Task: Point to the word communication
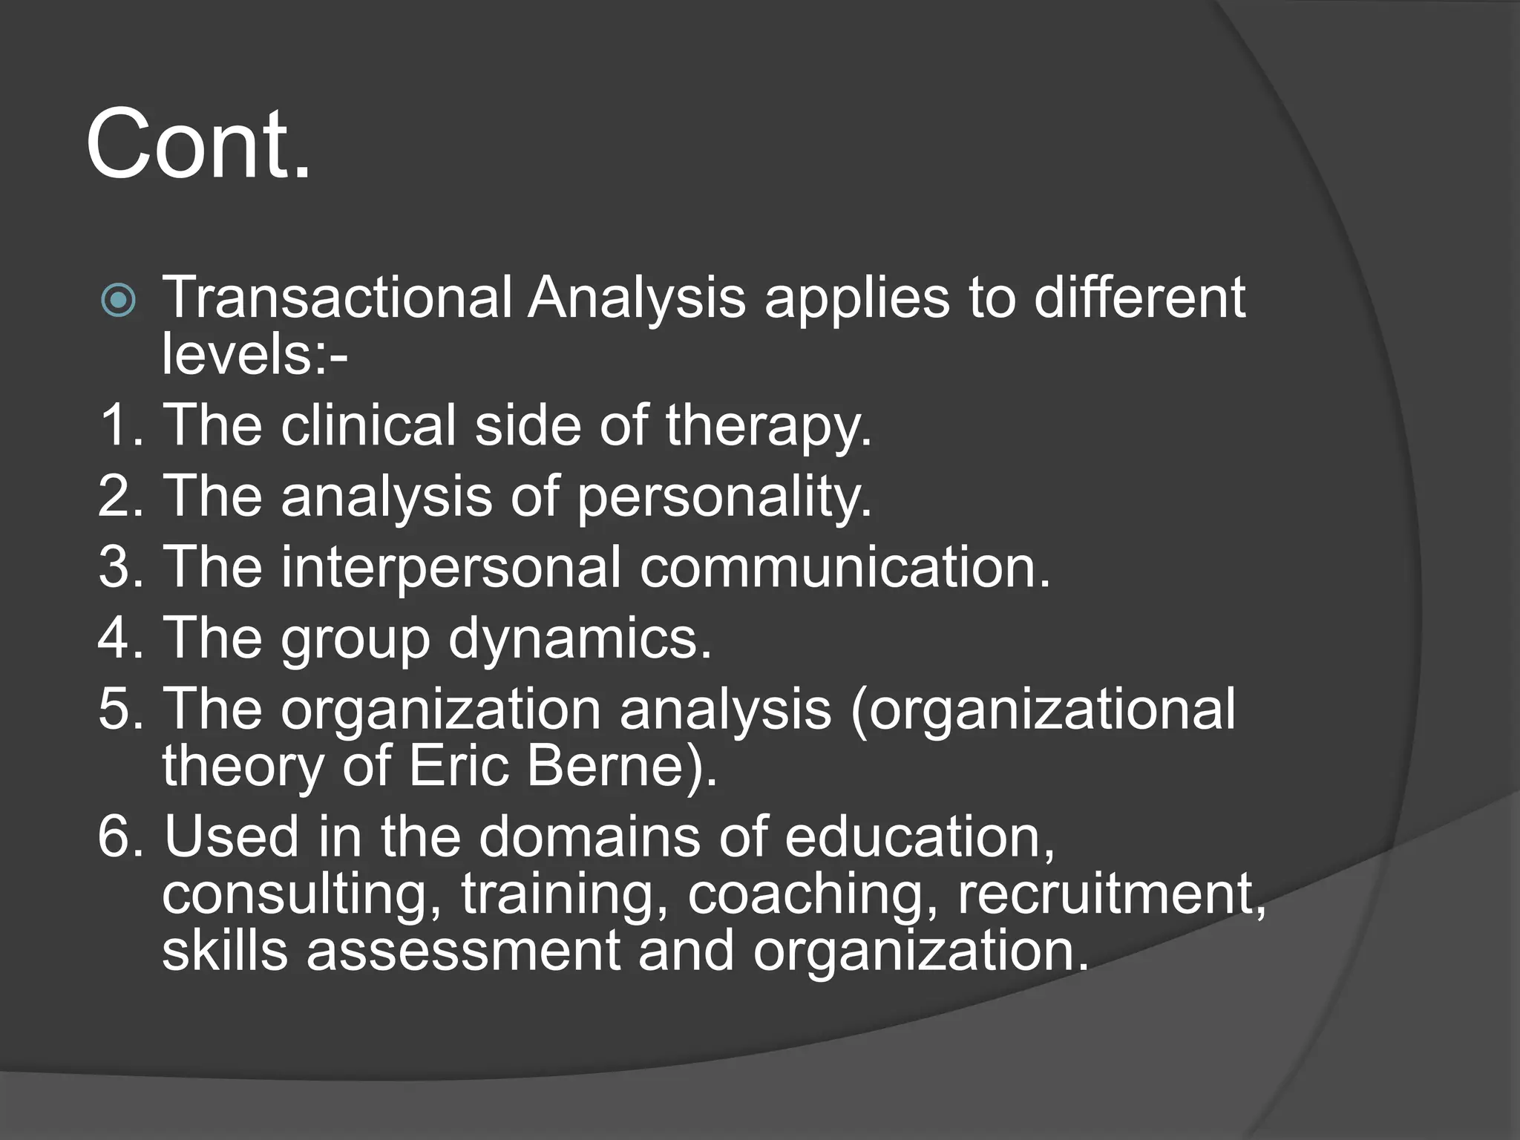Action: [845, 566]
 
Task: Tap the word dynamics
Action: [580, 639]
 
